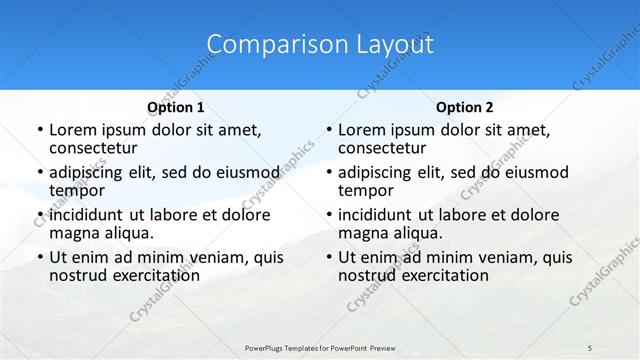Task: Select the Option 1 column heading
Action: click(176, 107)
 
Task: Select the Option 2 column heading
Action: click(465, 107)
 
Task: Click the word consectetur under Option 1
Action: click(91, 149)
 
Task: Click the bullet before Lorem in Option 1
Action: click(39, 130)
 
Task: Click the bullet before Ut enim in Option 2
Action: click(328, 257)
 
